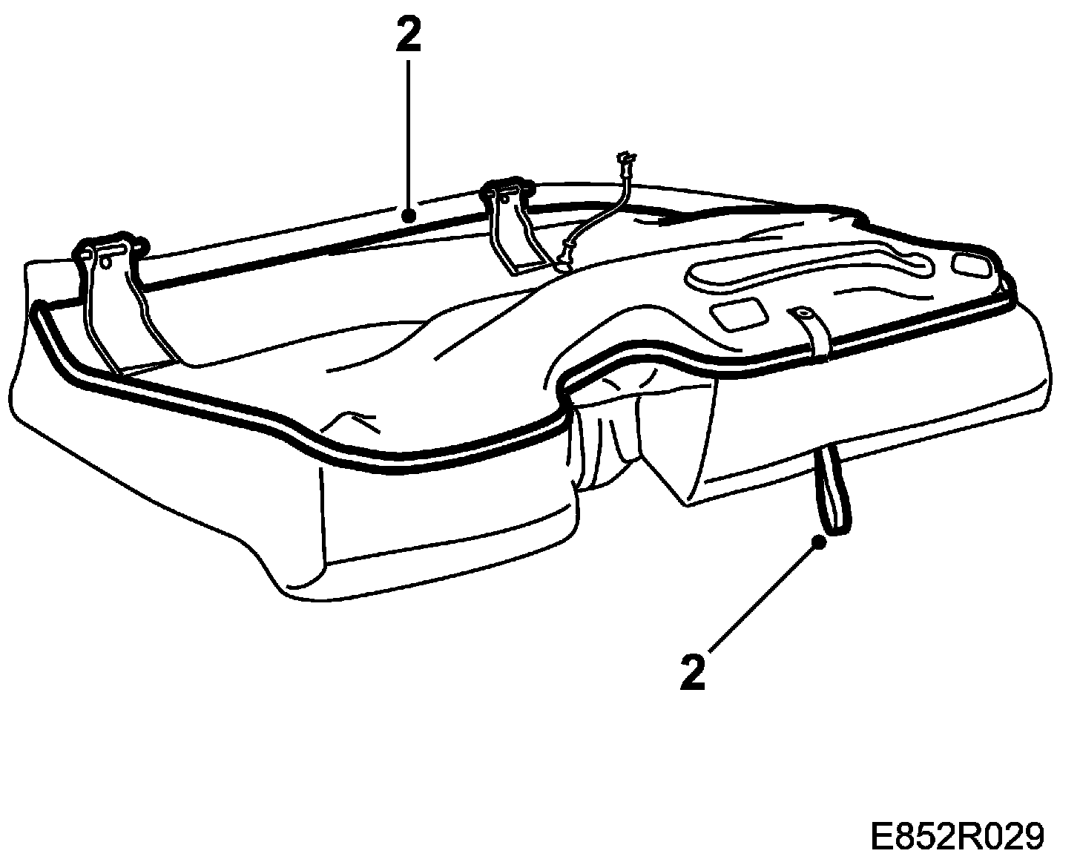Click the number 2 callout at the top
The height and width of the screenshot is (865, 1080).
(x=408, y=36)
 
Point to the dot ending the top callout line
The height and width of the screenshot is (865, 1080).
(x=407, y=216)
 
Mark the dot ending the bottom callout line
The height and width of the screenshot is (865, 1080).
(x=820, y=542)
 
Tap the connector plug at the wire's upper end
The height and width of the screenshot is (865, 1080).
(x=625, y=159)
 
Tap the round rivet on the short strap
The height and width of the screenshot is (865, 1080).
(x=800, y=314)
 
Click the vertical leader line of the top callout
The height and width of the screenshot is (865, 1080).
(x=407, y=134)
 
